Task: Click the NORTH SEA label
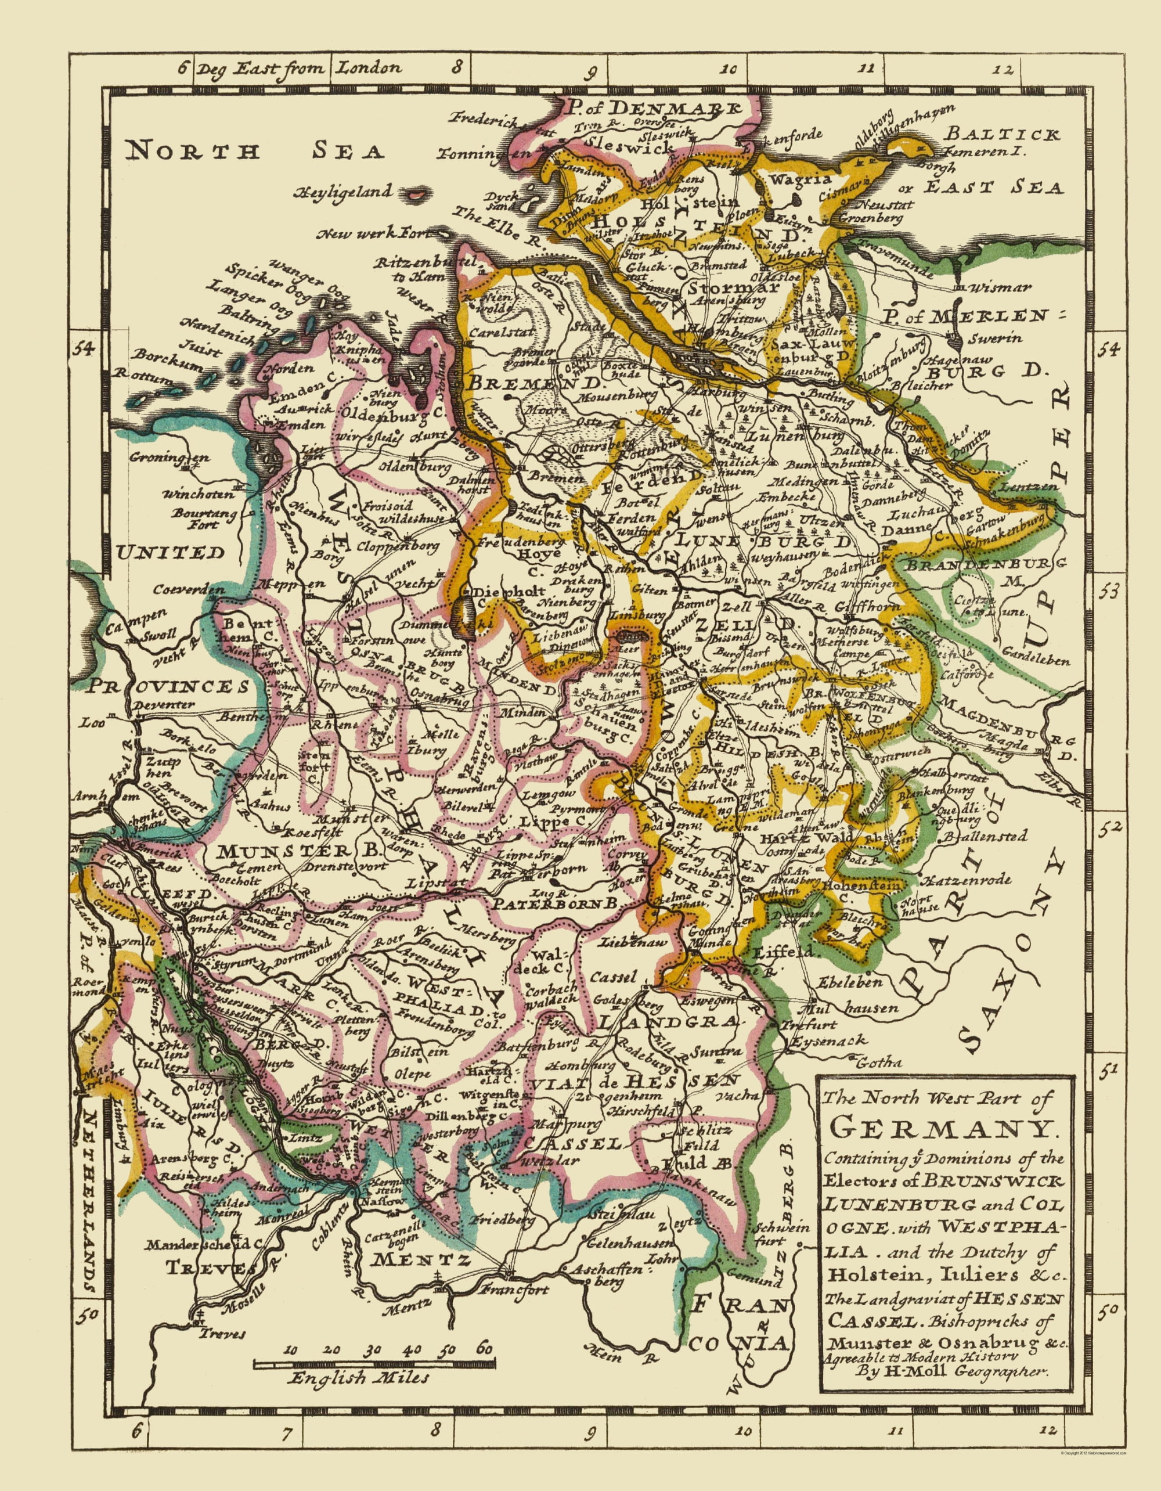coord(255,150)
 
